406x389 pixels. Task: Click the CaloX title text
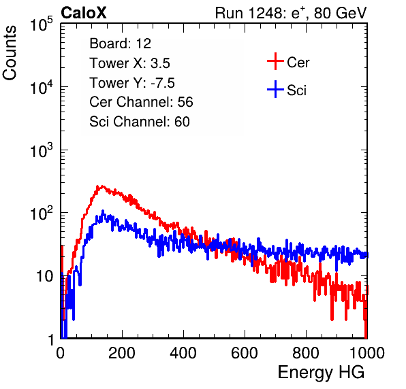pyautogui.click(x=84, y=13)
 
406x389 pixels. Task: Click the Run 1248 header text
pyautogui.click(x=291, y=13)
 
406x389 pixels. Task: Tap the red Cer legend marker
pyautogui.click(x=275, y=61)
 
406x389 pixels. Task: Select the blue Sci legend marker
pyautogui.click(x=275, y=89)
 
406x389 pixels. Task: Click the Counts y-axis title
pyautogui.click(x=10, y=53)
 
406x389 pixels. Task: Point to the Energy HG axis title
pyautogui.click(x=321, y=373)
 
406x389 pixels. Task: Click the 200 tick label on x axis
pyautogui.click(x=122, y=353)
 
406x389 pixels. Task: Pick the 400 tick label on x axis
pyautogui.click(x=183, y=353)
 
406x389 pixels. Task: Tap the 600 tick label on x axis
pyautogui.click(x=245, y=353)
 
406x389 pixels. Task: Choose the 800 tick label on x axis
pyautogui.click(x=306, y=353)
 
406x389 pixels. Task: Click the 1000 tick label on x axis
pyautogui.click(x=367, y=353)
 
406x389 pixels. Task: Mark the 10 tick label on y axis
pyautogui.click(x=44, y=276)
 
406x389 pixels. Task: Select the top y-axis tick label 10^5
pyautogui.click(x=42, y=24)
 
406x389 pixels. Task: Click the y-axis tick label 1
pyautogui.click(x=52, y=339)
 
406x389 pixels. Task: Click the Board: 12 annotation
pyautogui.click(x=120, y=44)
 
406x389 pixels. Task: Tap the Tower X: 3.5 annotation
pyautogui.click(x=129, y=63)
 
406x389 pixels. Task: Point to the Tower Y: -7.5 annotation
pyautogui.click(x=132, y=83)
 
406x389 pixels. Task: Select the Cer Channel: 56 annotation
pyautogui.click(x=141, y=102)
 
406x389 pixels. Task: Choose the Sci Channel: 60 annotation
pyautogui.click(x=140, y=122)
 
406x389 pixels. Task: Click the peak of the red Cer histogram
pyautogui.click(x=102, y=186)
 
